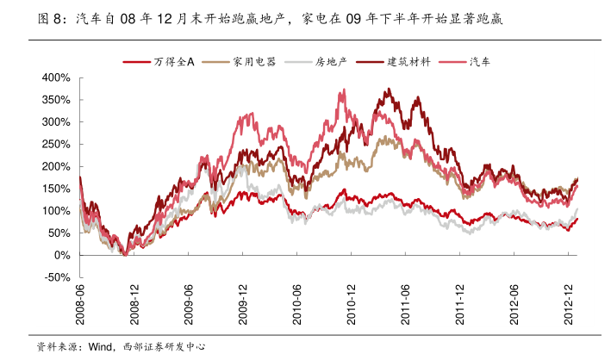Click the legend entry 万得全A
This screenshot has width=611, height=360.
point(172,62)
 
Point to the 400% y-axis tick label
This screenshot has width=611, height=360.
point(55,78)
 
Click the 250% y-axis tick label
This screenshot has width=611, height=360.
point(55,144)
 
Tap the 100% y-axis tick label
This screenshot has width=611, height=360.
point(55,211)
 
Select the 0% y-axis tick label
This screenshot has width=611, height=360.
point(60,256)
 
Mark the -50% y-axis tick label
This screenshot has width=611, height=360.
point(57,277)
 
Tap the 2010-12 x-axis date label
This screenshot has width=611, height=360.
point(352,305)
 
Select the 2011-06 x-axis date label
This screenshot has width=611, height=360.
point(406,305)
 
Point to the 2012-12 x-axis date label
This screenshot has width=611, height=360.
point(570,305)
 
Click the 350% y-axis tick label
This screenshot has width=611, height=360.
point(55,100)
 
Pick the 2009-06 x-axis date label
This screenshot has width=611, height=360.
point(189,305)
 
